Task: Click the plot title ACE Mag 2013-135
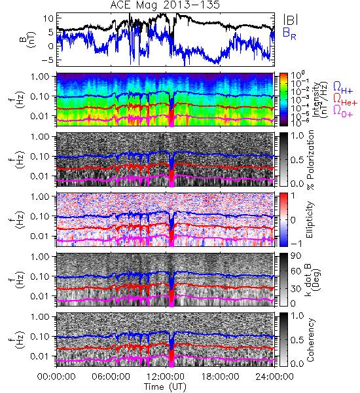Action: [165, 5]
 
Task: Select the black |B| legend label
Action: [291, 19]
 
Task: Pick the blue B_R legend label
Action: [289, 33]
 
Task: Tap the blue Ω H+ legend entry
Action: [343, 88]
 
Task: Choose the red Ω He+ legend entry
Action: [345, 100]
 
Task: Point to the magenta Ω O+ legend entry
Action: [343, 111]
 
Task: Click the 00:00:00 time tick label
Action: [56, 377]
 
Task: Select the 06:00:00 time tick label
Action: [111, 377]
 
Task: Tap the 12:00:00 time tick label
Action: [166, 377]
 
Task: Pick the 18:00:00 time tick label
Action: [220, 377]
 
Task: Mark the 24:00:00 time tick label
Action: [274, 377]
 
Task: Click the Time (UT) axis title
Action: [165, 387]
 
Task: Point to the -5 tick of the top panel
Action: [47, 60]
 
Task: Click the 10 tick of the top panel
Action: [48, 18]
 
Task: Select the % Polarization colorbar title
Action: [311, 160]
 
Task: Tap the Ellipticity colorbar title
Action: [310, 220]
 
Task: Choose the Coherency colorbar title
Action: [310, 340]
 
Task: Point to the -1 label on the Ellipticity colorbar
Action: [296, 243]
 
